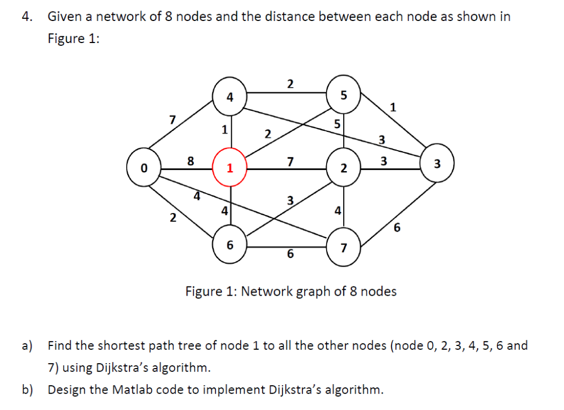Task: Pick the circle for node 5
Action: point(344,95)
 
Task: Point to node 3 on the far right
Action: point(437,164)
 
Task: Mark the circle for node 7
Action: point(344,247)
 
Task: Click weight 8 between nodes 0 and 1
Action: point(191,161)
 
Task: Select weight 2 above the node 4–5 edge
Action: point(290,84)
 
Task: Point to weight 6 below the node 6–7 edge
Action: point(290,254)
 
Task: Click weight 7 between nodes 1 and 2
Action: point(290,161)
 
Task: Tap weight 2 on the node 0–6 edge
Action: point(172,217)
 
